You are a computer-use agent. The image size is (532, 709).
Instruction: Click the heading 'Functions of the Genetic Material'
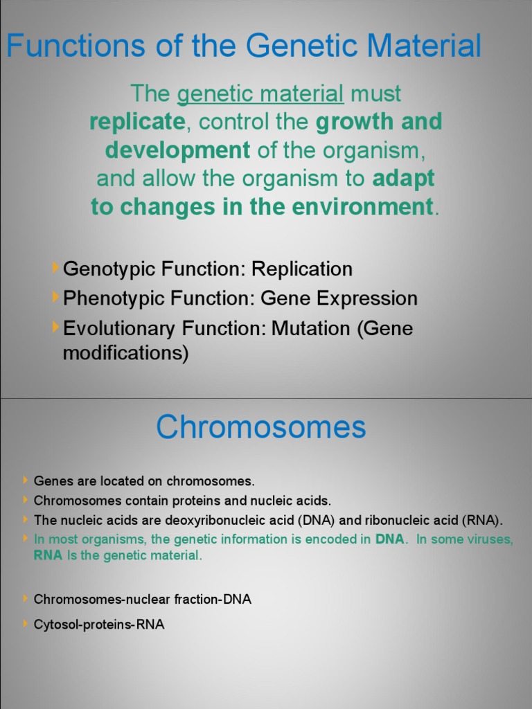(244, 46)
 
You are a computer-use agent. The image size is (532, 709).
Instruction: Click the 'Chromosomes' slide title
(260, 427)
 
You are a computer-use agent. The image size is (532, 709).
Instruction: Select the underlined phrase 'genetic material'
(260, 93)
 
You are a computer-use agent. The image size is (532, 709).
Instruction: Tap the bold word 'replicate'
(137, 122)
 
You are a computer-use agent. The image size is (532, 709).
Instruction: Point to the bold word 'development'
(178, 150)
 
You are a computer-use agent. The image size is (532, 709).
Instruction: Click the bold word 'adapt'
(404, 178)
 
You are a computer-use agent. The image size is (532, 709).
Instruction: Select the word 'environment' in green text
(360, 206)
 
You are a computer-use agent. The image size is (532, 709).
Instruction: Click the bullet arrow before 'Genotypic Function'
(55, 267)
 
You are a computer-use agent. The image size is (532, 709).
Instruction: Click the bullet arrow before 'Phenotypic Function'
(55, 297)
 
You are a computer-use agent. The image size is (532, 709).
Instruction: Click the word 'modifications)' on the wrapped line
(125, 353)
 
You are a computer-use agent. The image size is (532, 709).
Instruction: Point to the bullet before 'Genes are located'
(26, 480)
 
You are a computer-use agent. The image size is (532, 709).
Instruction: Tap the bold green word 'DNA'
(389, 539)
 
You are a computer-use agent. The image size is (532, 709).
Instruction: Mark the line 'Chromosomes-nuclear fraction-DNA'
(142, 599)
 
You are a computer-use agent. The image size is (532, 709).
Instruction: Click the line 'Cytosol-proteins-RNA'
(99, 625)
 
